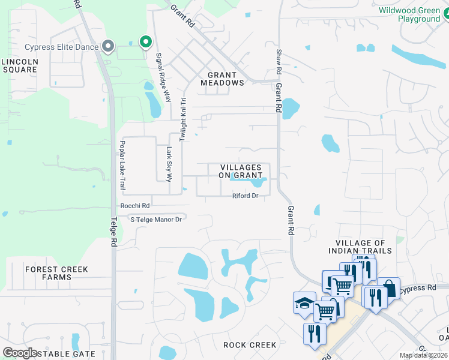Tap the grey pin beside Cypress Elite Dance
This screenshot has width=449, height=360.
[x=108, y=46]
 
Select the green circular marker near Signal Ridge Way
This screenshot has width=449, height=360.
[x=145, y=41]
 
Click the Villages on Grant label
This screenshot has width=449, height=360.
[x=240, y=171]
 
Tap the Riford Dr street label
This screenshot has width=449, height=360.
[x=246, y=196]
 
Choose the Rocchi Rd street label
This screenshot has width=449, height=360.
[x=134, y=205]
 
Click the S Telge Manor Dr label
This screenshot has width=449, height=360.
[x=156, y=220]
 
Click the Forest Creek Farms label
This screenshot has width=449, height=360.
[x=56, y=273]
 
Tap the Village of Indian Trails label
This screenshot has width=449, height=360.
[x=360, y=246]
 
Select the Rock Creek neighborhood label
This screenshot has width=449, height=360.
[x=250, y=345]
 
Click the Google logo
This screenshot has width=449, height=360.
[x=20, y=353]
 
